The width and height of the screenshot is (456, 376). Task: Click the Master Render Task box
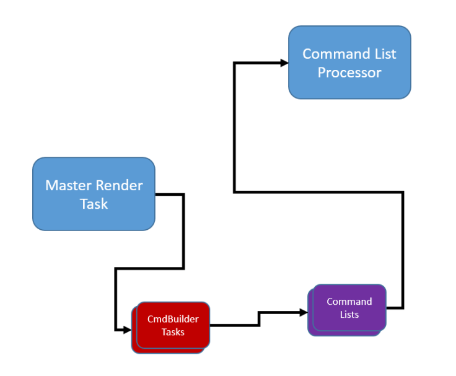(x=94, y=194)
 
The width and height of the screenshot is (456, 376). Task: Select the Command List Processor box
(x=349, y=63)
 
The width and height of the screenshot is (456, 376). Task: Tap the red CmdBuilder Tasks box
(x=173, y=325)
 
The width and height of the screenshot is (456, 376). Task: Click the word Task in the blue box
(x=94, y=204)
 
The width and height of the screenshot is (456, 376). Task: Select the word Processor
(x=349, y=72)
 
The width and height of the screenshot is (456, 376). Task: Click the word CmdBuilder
(x=173, y=319)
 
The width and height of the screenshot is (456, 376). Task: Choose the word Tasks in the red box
(x=173, y=331)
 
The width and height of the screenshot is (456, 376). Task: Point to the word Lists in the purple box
(x=349, y=314)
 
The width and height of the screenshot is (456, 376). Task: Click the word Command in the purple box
(x=349, y=302)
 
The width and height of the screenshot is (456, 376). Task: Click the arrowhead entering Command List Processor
(x=284, y=63)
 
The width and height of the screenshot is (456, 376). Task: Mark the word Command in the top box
(x=327, y=54)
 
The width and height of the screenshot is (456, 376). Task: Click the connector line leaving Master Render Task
(x=183, y=229)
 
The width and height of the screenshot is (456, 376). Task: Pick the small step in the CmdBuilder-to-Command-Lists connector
(x=259, y=318)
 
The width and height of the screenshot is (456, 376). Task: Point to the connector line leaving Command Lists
(x=403, y=248)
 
